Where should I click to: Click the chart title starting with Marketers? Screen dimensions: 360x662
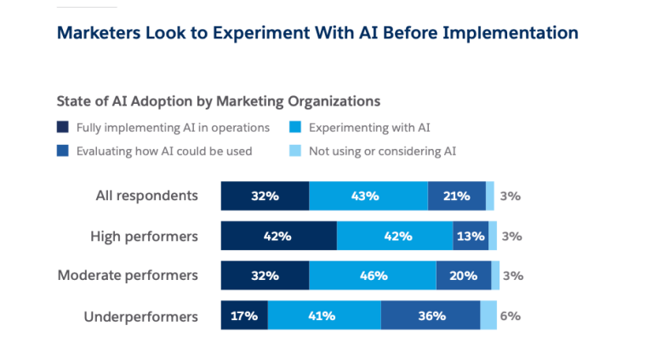click(317, 33)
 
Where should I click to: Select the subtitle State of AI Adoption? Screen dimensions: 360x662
click(218, 100)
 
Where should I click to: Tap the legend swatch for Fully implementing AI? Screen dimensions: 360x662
click(62, 128)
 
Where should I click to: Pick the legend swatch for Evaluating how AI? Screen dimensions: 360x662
click(62, 151)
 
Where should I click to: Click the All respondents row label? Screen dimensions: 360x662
click(146, 196)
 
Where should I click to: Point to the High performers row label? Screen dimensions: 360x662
click(144, 236)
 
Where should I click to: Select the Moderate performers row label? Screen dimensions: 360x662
click(128, 276)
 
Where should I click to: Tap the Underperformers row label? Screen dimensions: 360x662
click(140, 316)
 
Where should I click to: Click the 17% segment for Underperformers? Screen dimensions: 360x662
click(244, 316)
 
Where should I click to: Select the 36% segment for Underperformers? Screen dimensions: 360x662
click(431, 316)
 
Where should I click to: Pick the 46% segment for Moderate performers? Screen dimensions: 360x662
click(373, 276)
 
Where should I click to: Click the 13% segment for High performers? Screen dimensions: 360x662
click(471, 236)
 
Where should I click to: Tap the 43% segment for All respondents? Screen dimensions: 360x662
click(368, 196)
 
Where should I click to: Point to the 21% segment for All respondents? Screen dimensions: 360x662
click(456, 196)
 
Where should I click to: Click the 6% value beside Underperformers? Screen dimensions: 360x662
click(510, 316)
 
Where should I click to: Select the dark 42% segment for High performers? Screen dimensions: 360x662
click(278, 236)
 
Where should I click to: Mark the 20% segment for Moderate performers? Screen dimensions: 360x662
click(463, 276)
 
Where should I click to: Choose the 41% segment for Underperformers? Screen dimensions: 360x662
click(324, 316)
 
